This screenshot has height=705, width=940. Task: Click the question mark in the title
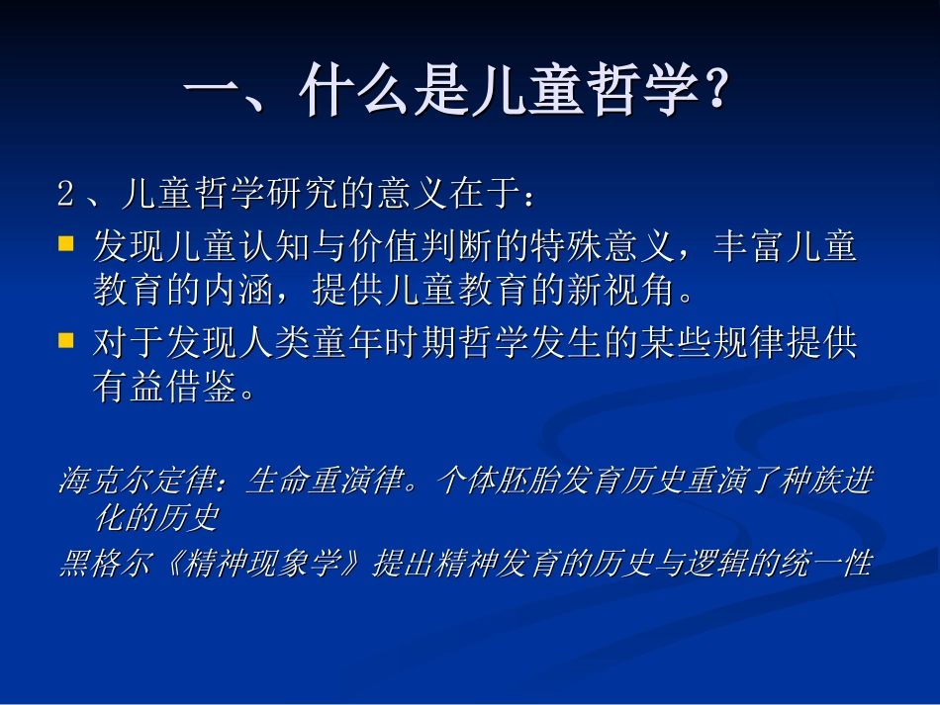click(714, 94)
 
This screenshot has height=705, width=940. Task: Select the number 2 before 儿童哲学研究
click(66, 194)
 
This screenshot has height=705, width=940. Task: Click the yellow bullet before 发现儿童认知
click(66, 243)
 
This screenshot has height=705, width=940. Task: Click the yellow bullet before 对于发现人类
click(66, 340)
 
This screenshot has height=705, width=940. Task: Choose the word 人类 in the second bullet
click(255, 342)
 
